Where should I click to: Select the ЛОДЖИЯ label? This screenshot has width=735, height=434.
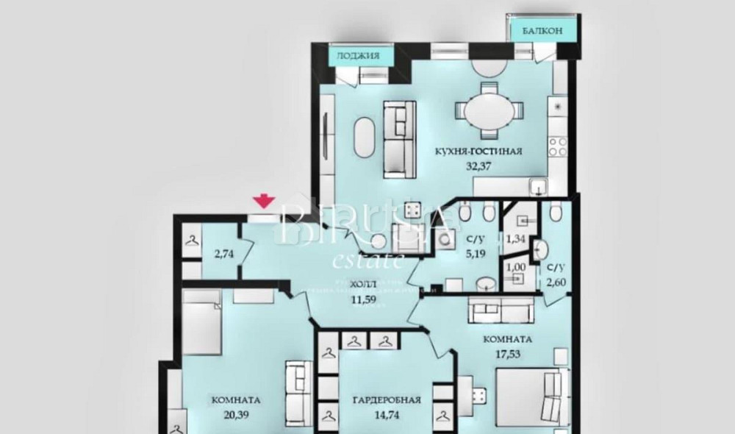coord(358,55)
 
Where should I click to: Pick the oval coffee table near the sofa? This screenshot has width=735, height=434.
coord(365,140)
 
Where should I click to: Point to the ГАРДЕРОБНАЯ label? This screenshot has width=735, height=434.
coord(386,400)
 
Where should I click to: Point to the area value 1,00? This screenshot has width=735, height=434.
coord(518,266)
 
